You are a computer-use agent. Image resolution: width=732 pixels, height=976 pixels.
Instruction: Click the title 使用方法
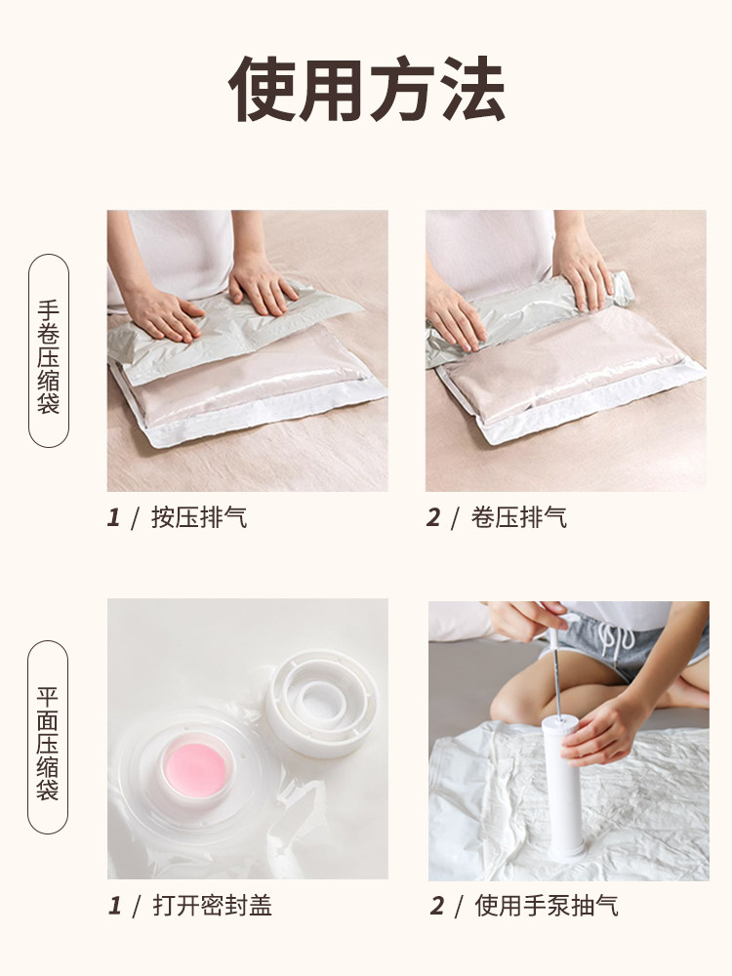click(366, 90)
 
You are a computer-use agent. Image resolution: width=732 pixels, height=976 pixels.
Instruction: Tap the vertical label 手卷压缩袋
click(49, 350)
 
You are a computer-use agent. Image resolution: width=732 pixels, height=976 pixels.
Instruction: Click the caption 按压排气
click(199, 517)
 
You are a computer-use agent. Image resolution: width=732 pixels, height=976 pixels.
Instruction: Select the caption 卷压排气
click(518, 517)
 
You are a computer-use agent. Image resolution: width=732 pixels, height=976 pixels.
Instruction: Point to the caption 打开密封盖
click(213, 905)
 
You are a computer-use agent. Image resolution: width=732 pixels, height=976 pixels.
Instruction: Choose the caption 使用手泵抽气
click(547, 905)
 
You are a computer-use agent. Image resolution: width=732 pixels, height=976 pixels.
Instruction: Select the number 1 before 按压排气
click(113, 517)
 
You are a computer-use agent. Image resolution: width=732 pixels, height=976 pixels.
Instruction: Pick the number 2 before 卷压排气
click(432, 517)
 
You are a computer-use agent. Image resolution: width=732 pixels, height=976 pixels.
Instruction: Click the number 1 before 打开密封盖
click(114, 905)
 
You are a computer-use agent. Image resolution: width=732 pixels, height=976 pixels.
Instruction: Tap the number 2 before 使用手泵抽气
click(436, 905)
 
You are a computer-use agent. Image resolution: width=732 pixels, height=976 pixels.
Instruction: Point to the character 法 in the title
click(471, 90)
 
